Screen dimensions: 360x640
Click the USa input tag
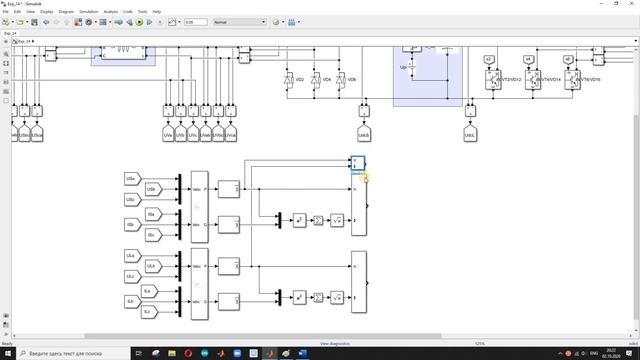click(x=131, y=179)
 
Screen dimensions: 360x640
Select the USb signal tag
click(x=152, y=189)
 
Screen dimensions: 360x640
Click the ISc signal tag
click(x=152, y=235)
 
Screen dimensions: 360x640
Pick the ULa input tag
click(x=131, y=255)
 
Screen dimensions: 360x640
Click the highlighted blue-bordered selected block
click(x=358, y=162)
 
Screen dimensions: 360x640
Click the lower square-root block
click(x=337, y=297)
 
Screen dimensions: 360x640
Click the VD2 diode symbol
click(x=289, y=79)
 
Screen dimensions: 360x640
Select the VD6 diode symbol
click(x=340, y=79)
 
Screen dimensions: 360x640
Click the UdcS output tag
click(x=364, y=133)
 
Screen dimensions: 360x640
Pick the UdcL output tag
click(x=470, y=133)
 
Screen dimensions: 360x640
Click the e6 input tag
click(x=568, y=60)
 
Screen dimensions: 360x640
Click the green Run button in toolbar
click(x=140, y=21)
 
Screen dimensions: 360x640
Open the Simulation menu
click(x=90, y=11)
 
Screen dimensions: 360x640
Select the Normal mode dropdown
click(x=235, y=21)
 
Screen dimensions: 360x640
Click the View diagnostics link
click(x=336, y=343)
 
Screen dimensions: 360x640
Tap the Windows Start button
click(x=8, y=353)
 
